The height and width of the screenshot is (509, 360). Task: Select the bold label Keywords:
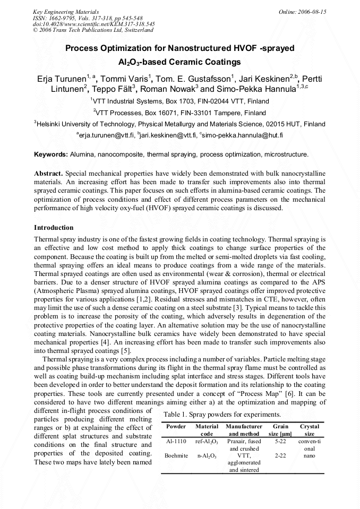(x=51, y=154)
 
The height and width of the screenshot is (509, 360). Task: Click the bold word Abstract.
(x=48, y=174)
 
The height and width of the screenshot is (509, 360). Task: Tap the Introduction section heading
(x=54, y=228)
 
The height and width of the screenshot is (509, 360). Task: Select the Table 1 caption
(x=222, y=414)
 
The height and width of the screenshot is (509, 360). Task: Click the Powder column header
(x=176, y=426)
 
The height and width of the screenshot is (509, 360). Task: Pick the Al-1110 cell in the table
(x=176, y=441)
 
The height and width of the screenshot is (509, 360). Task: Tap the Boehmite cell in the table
(x=176, y=455)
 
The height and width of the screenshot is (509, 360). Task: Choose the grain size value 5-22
(x=280, y=441)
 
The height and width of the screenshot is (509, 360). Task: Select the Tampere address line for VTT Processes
(x=179, y=113)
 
